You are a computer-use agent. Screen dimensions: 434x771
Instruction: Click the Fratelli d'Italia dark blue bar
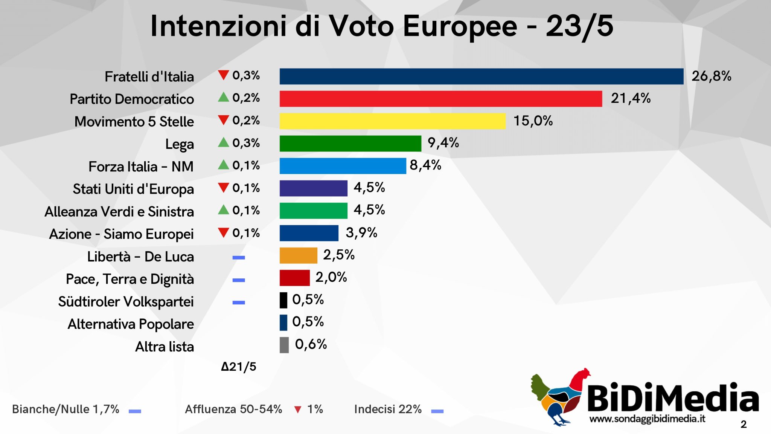481,76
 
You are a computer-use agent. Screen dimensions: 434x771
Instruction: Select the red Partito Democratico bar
440,99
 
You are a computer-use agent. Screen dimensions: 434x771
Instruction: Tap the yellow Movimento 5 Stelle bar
392,121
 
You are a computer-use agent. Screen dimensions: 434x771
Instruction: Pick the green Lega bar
350,144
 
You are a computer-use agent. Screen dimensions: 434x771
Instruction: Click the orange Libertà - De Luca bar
298,256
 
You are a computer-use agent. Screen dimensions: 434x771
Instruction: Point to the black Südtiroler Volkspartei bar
283,300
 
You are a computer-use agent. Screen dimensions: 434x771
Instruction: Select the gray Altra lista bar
284,345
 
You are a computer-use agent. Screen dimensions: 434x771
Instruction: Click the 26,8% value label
711,76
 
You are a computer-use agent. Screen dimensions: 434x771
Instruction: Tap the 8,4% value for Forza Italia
425,165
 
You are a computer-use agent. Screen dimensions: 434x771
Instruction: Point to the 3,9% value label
361,233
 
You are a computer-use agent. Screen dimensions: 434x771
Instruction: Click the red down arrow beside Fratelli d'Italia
223,75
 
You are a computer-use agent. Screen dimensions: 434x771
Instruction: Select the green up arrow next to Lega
223,142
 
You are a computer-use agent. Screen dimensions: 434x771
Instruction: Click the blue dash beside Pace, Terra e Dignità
239,280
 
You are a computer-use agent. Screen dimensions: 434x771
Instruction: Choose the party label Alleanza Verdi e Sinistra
119,212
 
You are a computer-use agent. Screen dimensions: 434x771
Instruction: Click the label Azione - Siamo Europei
121,234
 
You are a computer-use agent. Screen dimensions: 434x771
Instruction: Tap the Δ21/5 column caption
239,367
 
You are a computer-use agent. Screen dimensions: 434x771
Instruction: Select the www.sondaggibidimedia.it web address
647,419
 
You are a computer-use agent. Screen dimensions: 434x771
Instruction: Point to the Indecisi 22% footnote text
388,409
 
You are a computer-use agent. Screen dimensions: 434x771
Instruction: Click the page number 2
744,425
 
